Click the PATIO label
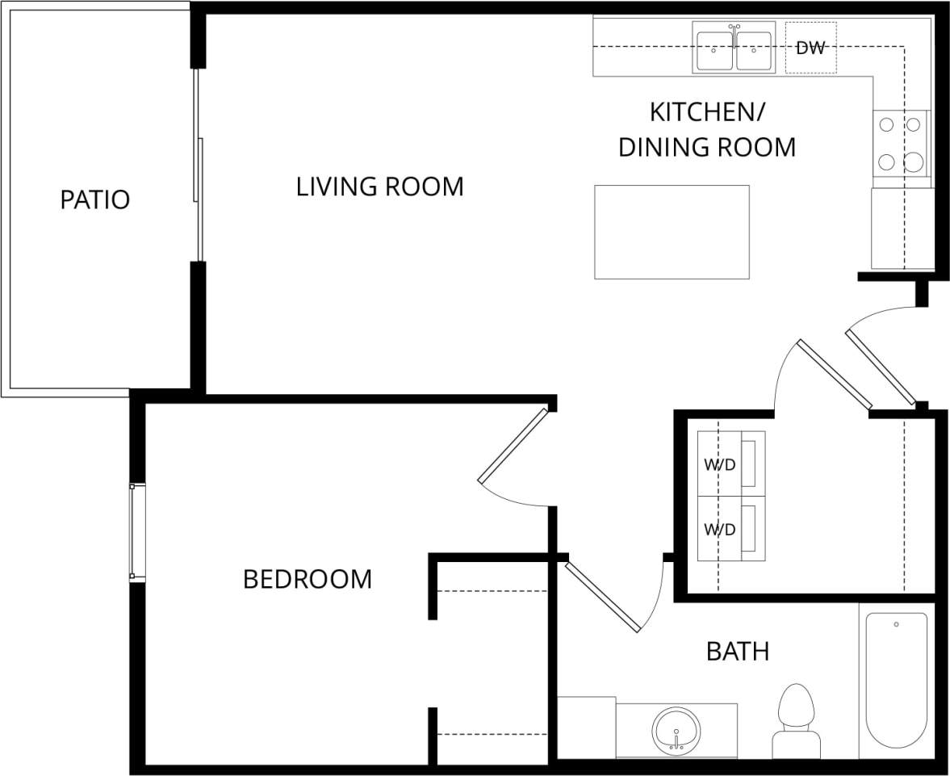(x=94, y=199)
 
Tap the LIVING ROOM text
(x=379, y=187)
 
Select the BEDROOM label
(x=308, y=579)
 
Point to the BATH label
(x=737, y=651)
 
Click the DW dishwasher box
(x=810, y=48)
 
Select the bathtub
(x=896, y=681)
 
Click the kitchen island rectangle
(x=672, y=232)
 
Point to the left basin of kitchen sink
(x=714, y=50)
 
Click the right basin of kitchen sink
(x=754, y=50)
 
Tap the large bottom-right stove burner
(x=913, y=161)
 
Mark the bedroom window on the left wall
(x=137, y=532)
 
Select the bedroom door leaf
(x=513, y=447)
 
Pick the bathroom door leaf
(x=602, y=597)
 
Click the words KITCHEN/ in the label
(x=707, y=111)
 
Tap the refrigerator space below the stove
(x=902, y=229)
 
